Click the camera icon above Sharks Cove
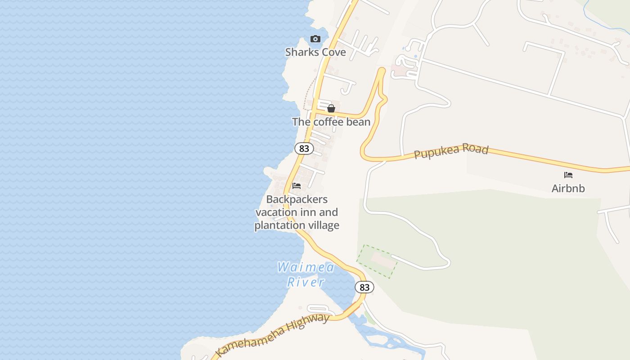pyautogui.click(x=315, y=39)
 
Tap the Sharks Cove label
pyautogui.click(x=315, y=52)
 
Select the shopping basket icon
pyautogui.click(x=331, y=108)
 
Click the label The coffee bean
pyautogui.click(x=331, y=122)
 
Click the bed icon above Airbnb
pyautogui.click(x=568, y=175)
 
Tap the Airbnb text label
pyautogui.click(x=568, y=188)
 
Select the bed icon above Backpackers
pyautogui.click(x=297, y=185)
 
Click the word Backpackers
pyautogui.click(x=297, y=199)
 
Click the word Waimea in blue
pyautogui.click(x=306, y=268)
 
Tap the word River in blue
pyautogui.click(x=306, y=282)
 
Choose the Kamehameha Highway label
pyautogui.click(x=273, y=335)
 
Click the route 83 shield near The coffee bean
pyautogui.click(x=304, y=148)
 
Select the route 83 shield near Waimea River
pyautogui.click(x=364, y=287)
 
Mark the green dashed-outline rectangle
pyautogui.click(x=377, y=261)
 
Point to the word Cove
pyautogui.click(x=333, y=52)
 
